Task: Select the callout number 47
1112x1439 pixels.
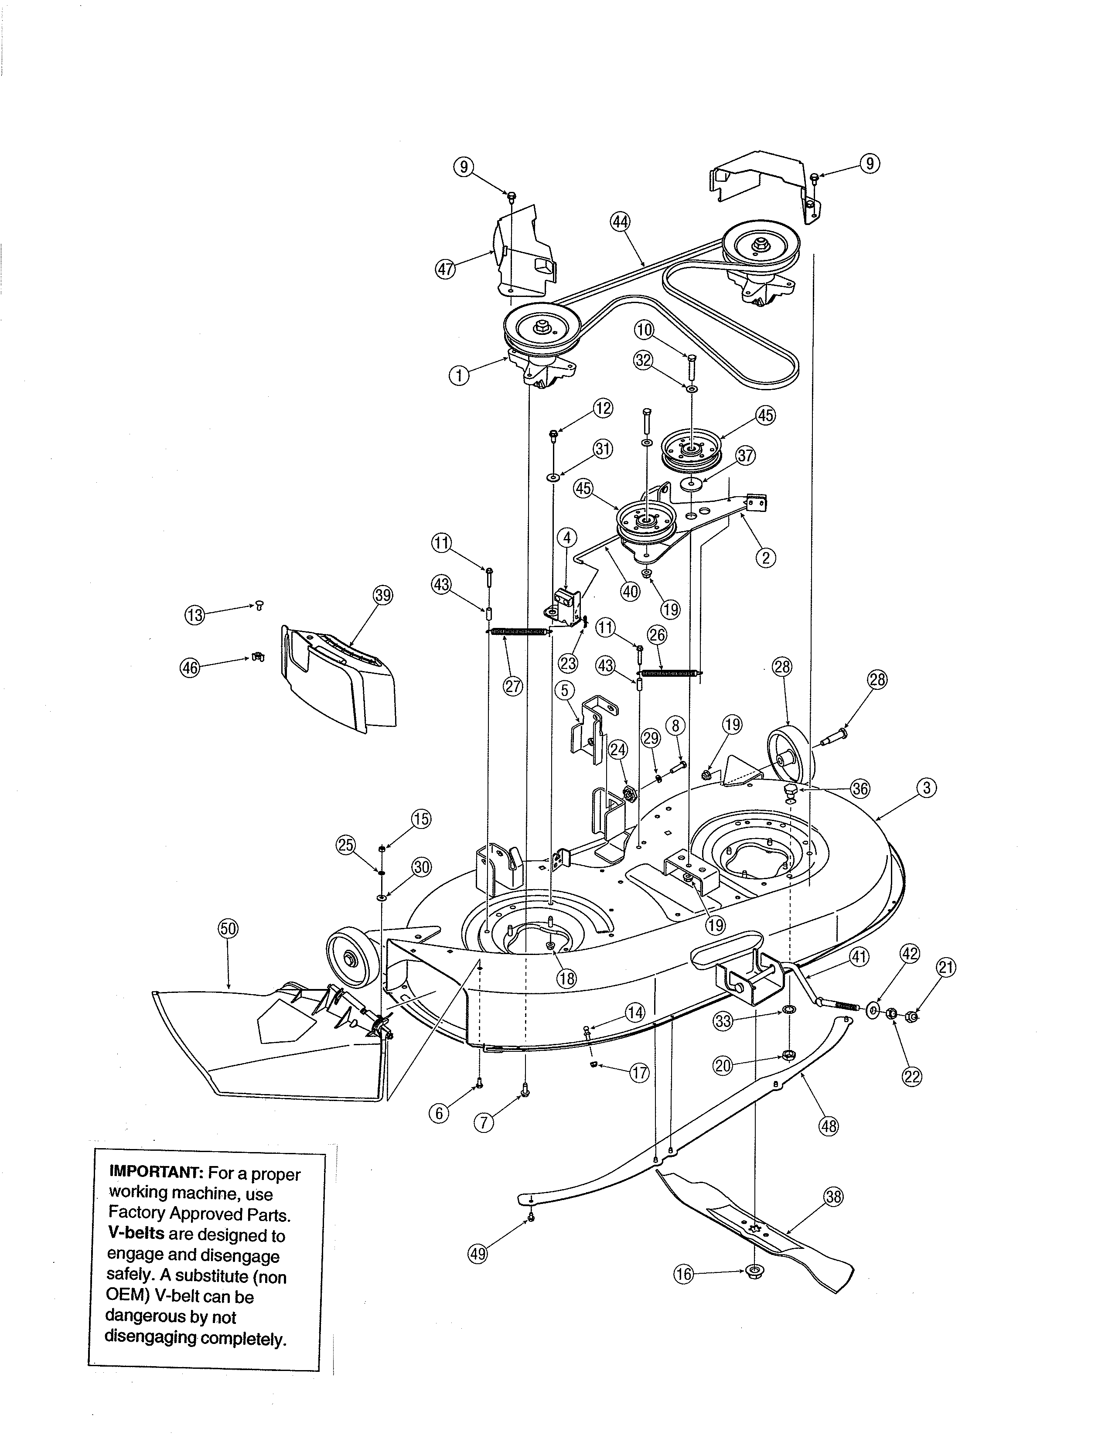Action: pyautogui.click(x=445, y=269)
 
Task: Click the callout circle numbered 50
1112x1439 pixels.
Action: pyautogui.click(x=228, y=929)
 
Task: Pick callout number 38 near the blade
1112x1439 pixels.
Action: pyautogui.click(x=833, y=1197)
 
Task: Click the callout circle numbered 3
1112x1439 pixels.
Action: pyautogui.click(x=926, y=788)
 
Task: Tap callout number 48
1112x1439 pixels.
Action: pyautogui.click(x=828, y=1126)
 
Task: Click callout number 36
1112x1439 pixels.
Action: pyautogui.click(x=860, y=789)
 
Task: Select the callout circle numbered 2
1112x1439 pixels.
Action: pyautogui.click(x=765, y=558)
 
